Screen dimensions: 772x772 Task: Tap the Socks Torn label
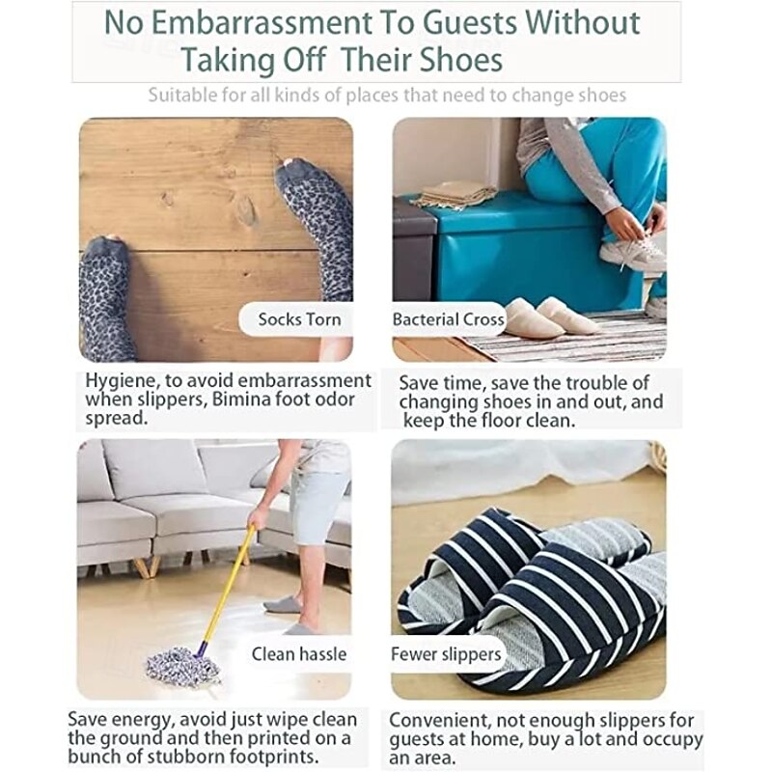coord(299,319)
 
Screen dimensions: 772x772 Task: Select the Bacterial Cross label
coord(448,319)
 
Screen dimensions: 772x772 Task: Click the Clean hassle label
coord(299,654)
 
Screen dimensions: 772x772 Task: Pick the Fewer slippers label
coord(446,654)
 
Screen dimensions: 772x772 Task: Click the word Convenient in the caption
coord(439,720)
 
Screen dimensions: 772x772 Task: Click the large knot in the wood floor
coord(245,208)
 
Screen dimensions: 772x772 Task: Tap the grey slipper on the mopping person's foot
coord(282,604)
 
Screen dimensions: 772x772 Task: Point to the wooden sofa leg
coord(143,566)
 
